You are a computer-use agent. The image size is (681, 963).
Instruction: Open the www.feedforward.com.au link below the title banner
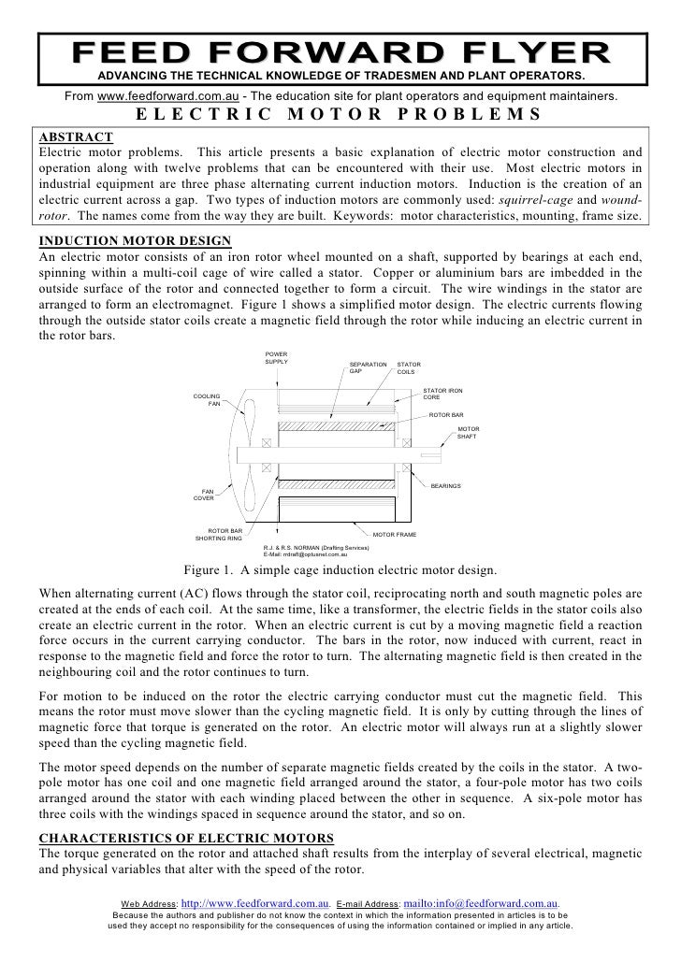[x=168, y=97]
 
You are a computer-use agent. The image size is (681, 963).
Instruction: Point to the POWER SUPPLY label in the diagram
[x=278, y=357]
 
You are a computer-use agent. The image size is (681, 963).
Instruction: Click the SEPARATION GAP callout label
[x=368, y=367]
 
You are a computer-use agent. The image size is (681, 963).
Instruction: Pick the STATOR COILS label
[x=410, y=367]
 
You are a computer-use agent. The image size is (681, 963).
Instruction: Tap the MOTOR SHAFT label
[x=467, y=434]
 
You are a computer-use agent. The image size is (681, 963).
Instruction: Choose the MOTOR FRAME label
[x=395, y=535]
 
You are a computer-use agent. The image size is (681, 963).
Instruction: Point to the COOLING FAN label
[x=208, y=400]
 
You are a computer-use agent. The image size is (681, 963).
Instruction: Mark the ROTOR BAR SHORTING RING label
[x=218, y=535]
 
